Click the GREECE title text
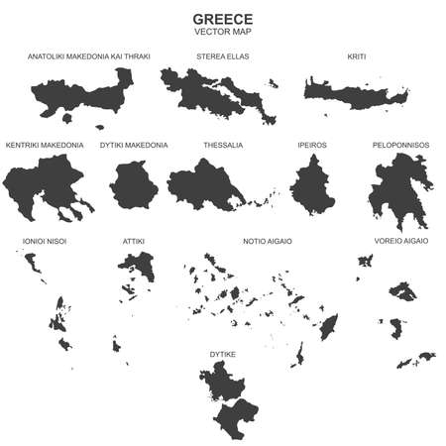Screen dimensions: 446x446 (x=222, y=19)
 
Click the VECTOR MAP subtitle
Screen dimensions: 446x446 (x=222, y=33)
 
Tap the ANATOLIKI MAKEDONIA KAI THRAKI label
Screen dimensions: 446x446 (x=89, y=56)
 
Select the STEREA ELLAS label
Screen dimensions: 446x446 (x=223, y=56)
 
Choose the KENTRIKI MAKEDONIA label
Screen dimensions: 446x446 (x=45, y=145)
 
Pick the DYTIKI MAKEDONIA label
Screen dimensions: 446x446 (x=134, y=145)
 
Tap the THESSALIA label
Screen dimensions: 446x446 (x=223, y=145)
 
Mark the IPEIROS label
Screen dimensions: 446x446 (x=312, y=145)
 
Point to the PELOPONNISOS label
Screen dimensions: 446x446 (x=400, y=145)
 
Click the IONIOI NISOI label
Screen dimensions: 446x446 (x=44, y=241)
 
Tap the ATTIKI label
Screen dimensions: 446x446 (x=134, y=241)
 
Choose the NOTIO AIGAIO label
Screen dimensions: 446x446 (x=267, y=241)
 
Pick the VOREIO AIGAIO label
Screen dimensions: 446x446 (x=400, y=241)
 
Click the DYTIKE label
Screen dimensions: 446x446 (x=223, y=351)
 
